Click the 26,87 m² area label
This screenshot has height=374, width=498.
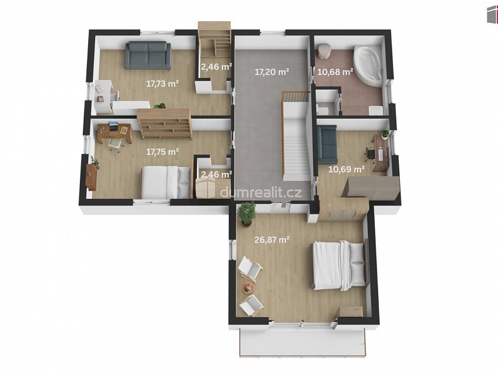click(271, 239)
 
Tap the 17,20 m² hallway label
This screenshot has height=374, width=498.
click(271, 72)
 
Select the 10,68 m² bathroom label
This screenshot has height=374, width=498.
click(335, 72)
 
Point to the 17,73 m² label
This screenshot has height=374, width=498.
click(162, 84)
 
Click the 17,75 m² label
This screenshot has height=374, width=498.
click(162, 152)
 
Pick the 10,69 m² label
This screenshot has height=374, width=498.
click(346, 169)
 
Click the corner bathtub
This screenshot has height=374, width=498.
click(368, 66)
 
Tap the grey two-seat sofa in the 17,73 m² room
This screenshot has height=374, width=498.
click(148, 55)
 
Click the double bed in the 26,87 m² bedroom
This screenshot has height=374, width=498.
click(341, 265)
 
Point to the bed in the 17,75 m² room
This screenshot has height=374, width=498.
click(166, 182)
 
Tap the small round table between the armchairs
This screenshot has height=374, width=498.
click(247, 288)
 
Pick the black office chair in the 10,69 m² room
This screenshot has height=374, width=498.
click(370, 153)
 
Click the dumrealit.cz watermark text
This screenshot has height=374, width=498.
click(260, 192)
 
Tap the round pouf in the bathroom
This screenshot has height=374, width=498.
click(324, 51)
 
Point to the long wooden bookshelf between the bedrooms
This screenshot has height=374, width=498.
click(165, 123)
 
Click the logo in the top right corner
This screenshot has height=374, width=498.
click(492, 14)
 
